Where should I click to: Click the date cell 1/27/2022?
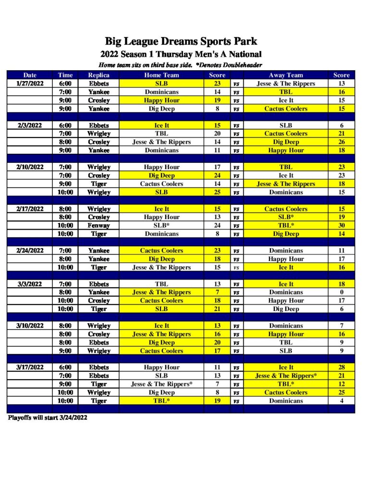tap(30, 84)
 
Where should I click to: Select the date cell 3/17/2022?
tap(30, 367)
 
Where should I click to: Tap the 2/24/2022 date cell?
tap(30, 250)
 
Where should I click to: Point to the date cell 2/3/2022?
tap(30, 125)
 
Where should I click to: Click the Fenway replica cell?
tap(99, 225)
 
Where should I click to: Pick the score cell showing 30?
tap(342, 225)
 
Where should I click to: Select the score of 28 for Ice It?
tap(342, 367)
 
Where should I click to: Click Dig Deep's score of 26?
tap(342, 142)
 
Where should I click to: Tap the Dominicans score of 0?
tap(342, 292)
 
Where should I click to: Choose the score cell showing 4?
tap(342, 401)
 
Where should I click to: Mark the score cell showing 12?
tap(342, 384)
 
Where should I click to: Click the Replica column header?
tap(99, 75)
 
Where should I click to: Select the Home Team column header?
tap(161, 75)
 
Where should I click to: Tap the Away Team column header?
tap(286, 75)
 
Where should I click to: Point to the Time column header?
tap(65, 75)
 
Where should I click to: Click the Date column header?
tap(30, 75)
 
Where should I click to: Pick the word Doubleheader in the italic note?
tap(240, 65)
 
